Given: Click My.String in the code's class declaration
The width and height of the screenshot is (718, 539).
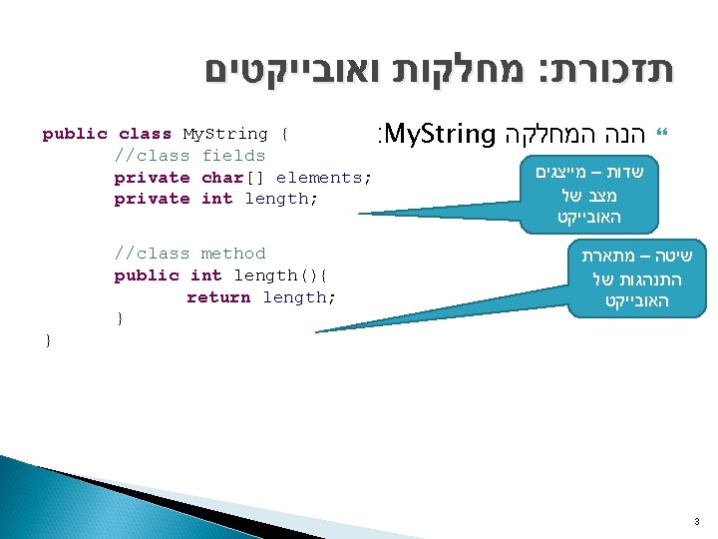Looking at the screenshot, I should coord(225,134).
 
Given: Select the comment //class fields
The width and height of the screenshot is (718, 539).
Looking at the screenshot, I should coord(189,156).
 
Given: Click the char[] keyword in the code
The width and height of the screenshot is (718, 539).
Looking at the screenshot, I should coord(233,178).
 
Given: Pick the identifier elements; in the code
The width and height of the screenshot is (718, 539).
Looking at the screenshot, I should coord(323,178).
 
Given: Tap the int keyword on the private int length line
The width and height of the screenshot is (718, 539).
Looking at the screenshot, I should coord(216,199).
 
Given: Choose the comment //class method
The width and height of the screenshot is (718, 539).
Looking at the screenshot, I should coord(189,254).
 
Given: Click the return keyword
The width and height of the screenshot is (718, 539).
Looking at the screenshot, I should coord(218,297).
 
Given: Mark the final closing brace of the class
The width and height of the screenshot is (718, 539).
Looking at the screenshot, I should coord(48,341).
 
